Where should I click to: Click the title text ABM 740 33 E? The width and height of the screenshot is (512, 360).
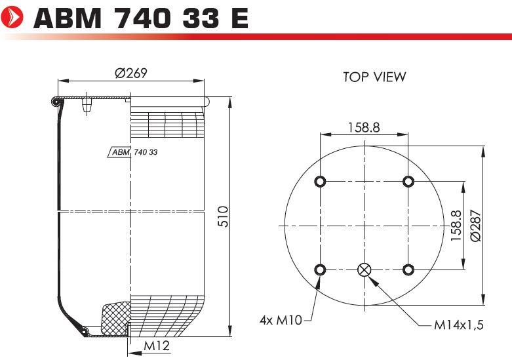[x=141, y=18]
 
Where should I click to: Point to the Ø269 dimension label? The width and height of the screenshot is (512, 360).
[x=131, y=73]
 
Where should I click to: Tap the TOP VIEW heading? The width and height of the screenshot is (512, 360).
[x=374, y=77]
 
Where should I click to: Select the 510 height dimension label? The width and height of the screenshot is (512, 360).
[x=223, y=216]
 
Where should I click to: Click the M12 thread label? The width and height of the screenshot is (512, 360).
[x=157, y=346]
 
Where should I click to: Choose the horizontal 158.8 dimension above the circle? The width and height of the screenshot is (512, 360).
[x=364, y=127]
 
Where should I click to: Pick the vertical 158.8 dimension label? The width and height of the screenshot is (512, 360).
[x=456, y=226]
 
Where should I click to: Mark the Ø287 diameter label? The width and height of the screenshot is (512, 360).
[x=476, y=226]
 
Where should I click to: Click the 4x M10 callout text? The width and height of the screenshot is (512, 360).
[x=281, y=320]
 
